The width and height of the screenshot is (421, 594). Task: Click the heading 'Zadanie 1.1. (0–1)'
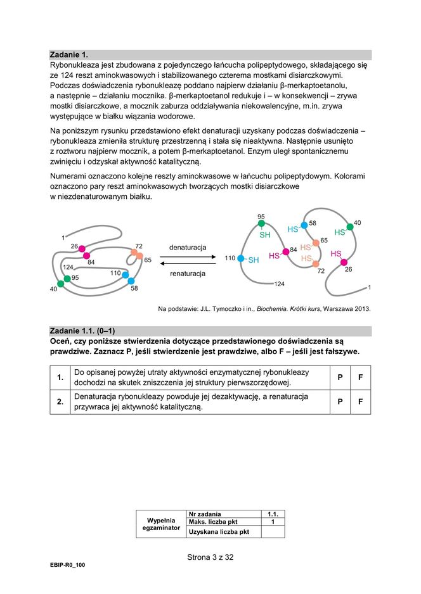click(82, 331)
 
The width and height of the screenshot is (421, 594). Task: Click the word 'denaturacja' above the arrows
click(187, 247)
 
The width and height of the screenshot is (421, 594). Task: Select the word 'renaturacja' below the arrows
click(187, 274)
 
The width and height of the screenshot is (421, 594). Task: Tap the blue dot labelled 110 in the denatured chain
click(241, 258)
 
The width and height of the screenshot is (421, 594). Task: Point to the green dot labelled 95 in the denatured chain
click(261, 224)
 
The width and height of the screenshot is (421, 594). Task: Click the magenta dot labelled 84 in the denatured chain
click(286, 251)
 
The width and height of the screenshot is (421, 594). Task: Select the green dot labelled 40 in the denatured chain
click(349, 226)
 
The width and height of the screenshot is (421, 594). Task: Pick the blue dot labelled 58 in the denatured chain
click(304, 225)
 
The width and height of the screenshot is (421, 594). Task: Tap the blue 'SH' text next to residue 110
click(254, 260)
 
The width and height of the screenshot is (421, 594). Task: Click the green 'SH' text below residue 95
click(265, 235)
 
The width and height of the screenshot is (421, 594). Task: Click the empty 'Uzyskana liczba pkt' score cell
click(273, 532)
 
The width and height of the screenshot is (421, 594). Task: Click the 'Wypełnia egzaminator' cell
click(160, 523)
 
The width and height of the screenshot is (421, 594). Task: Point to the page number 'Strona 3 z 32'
click(210, 557)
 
